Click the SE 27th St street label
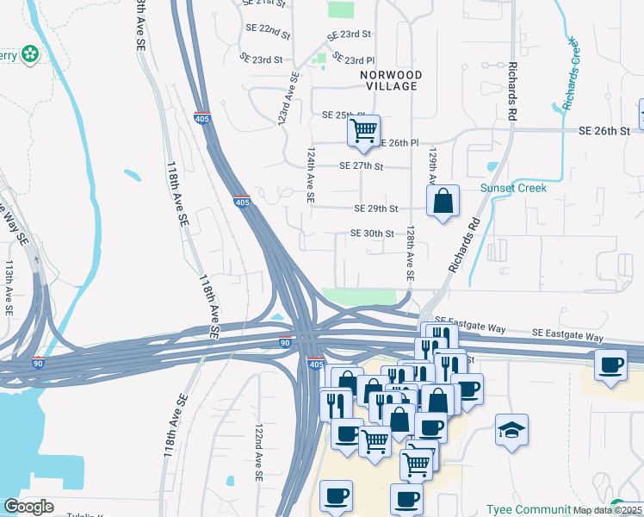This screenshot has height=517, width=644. [361, 165]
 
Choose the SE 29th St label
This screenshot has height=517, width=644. [376, 209]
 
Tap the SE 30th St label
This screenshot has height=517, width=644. [372, 234]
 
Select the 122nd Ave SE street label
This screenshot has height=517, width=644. [258, 452]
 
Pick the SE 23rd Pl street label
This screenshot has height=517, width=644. [348, 60]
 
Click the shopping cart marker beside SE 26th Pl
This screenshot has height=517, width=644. [363, 131]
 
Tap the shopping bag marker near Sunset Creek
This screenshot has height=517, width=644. [443, 202]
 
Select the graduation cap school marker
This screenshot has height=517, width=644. [511, 428]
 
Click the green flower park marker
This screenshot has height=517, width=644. [31, 53]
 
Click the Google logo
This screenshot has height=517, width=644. [28, 507]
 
